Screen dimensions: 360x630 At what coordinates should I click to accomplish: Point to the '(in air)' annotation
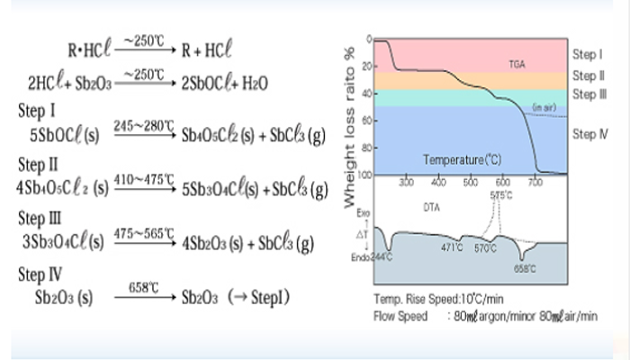point(543,108)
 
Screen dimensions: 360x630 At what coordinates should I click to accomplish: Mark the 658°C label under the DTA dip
point(525,268)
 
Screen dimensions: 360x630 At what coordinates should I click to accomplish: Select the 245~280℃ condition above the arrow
point(144,128)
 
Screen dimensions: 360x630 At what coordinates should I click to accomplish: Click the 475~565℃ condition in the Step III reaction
point(144,234)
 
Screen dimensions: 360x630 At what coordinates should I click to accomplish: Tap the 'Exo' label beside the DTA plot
point(363,217)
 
